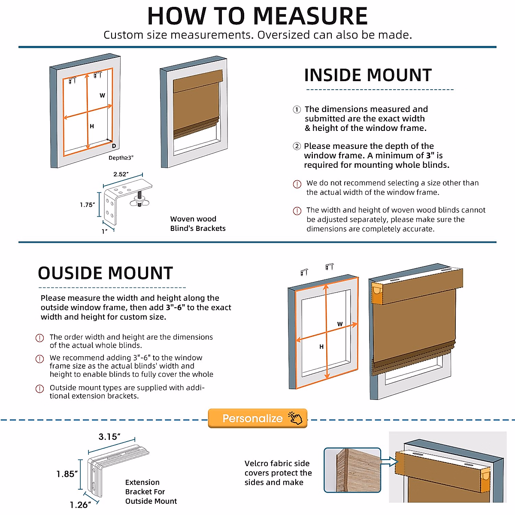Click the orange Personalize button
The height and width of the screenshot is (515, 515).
click(x=257, y=418)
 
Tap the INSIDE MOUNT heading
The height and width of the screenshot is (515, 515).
click(x=368, y=75)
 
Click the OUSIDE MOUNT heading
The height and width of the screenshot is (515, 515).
click(x=105, y=273)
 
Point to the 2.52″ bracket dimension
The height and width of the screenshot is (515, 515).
click(x=121, y=174)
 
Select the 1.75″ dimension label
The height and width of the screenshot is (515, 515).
click(x=87, y=205)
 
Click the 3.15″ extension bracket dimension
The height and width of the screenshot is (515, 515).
click(x=109, y=437)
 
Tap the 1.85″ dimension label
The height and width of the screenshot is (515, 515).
click(x=67, y=474)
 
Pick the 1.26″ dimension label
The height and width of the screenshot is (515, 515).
click(x=80, y=505)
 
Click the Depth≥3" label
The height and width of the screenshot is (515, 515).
click(x=121, y=158)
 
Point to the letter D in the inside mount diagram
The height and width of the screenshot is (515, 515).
click(x=114, y=146)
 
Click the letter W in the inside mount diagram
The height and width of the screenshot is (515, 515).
click(x=102, y=95)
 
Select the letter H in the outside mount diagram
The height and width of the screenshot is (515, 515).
click(x=321, y=347)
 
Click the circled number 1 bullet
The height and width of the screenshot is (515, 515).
click(x=297, y=109)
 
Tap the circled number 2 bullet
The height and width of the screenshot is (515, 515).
click(x=297, y=146)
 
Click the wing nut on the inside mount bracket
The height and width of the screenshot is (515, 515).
click(x=139, y=199)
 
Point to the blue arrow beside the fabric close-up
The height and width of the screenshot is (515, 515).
click(x=389, y=462)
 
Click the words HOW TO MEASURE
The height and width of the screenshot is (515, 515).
click(x=257, y=16)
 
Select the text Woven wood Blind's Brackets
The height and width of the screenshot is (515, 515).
click(x=198, y=224)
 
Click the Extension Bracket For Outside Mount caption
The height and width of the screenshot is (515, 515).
click(x=151, y=492)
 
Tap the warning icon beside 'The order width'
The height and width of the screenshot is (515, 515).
click(x=39, y=338)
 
